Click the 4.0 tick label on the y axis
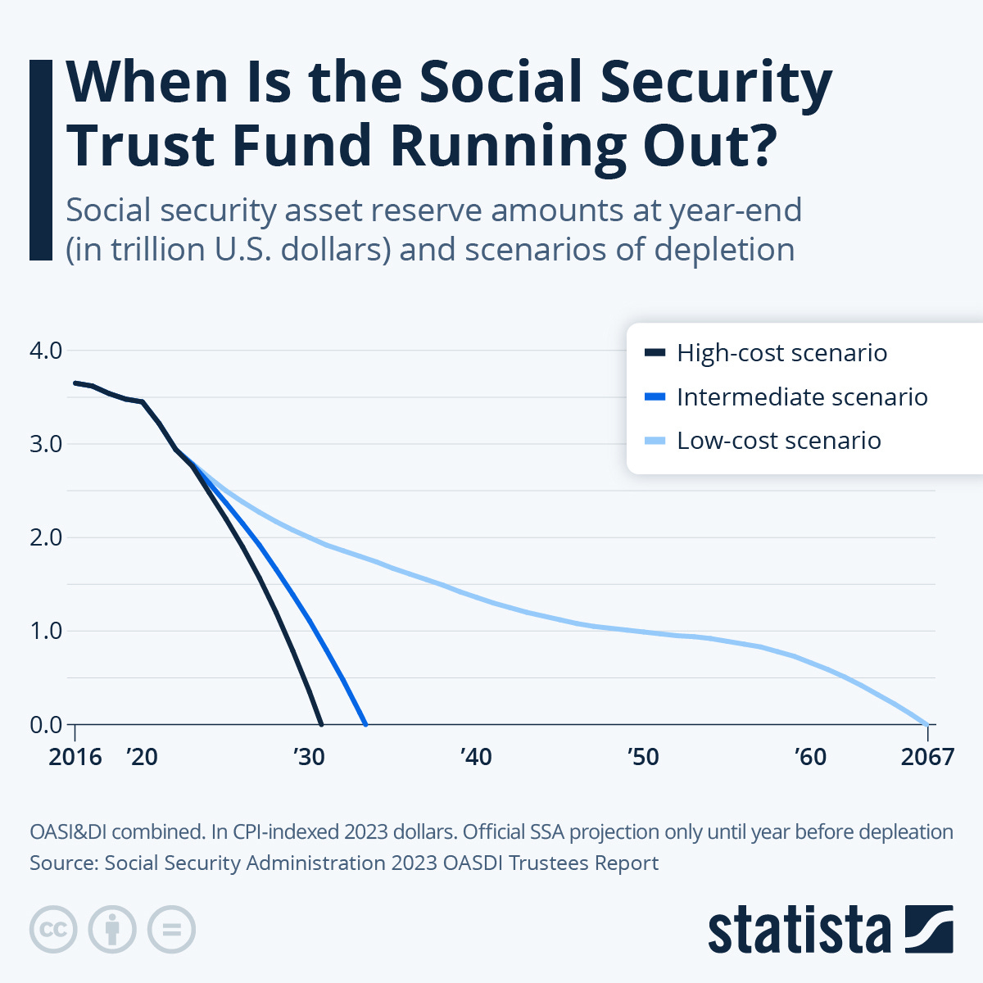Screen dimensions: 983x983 coord(46,351)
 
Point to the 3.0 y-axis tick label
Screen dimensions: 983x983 coord(46,444)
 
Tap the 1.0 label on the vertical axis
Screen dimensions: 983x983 coord(46,631)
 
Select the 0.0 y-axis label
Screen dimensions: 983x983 coord(46,725)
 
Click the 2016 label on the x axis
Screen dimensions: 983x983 coord(75,756)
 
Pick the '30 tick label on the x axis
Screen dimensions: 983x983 coord(309,756)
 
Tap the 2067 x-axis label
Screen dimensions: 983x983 coord(927,756)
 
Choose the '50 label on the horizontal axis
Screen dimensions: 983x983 coord(643,756)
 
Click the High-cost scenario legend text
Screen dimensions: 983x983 coord(781,353)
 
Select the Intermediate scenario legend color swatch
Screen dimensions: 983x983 coord(655,397)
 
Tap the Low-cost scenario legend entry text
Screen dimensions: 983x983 coord(778,441)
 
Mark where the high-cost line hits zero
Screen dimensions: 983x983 coord(320,724)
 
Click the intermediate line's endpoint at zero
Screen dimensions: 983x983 coord(365,724)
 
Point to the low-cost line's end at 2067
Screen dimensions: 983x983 coord(926,724)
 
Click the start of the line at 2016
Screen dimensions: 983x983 coord(75,383)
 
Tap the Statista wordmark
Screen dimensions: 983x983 coord(799,931)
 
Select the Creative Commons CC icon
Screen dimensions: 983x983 coord(53,930)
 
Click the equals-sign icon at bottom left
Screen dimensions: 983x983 coord(171,930)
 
